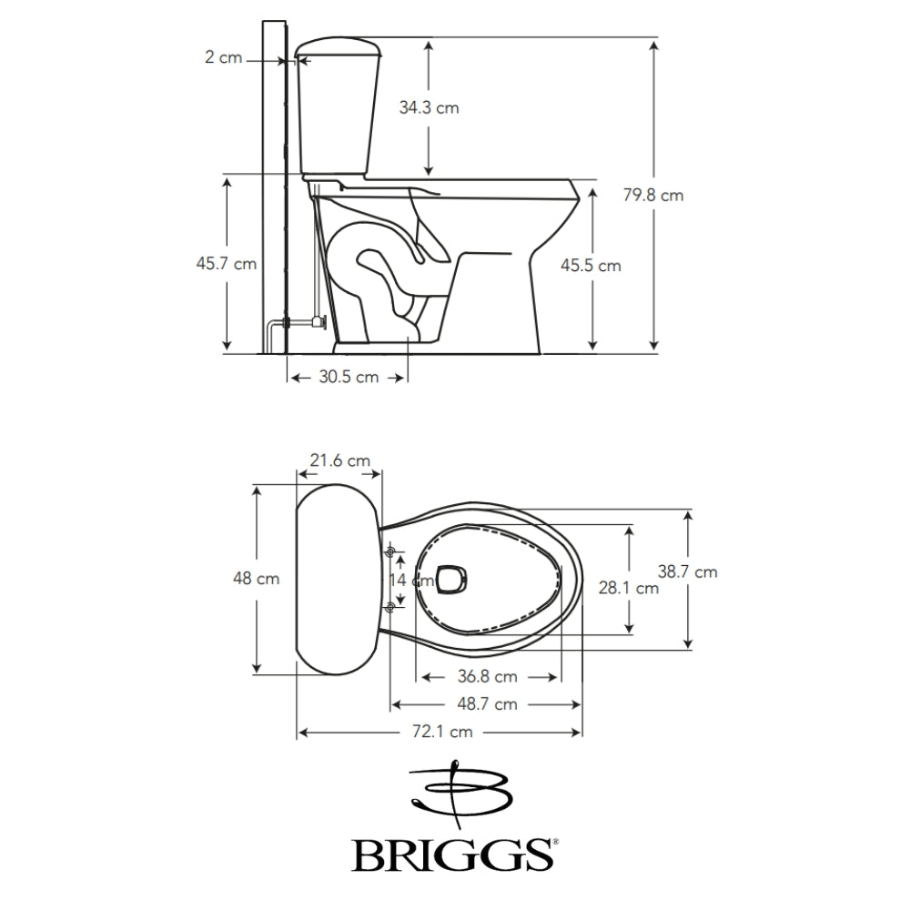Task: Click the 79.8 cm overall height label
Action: point(653,195)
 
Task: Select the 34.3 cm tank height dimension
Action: point(429,107)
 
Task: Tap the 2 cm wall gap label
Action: point(223,57)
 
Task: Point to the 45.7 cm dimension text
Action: point(226,264)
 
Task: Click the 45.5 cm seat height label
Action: point(591,266)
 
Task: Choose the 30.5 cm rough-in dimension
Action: point(349,377)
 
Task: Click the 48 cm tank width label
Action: point(257,578)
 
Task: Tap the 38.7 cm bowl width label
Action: point(687,571)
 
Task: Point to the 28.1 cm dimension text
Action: point(628,588)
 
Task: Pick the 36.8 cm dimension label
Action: point(487,676)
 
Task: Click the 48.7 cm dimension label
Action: point(487,703)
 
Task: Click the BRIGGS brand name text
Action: point(453,854)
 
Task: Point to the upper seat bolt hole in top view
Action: point(391,552)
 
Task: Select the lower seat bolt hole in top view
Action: point(391,606)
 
